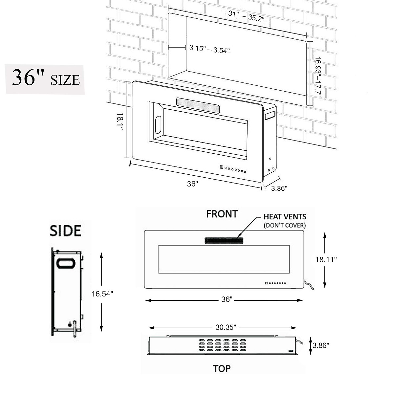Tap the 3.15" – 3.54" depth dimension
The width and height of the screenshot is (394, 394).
coord(209,49)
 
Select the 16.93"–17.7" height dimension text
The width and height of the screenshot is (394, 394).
coord(317,77)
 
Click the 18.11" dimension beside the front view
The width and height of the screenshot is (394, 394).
coord(326,259)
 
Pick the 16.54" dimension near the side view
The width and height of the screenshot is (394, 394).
coord(102,294)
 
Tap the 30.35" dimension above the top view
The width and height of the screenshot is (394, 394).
coord(226,327)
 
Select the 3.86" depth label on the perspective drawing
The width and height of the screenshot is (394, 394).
coord(279,188)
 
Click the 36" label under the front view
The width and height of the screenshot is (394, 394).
coord(227,299)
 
